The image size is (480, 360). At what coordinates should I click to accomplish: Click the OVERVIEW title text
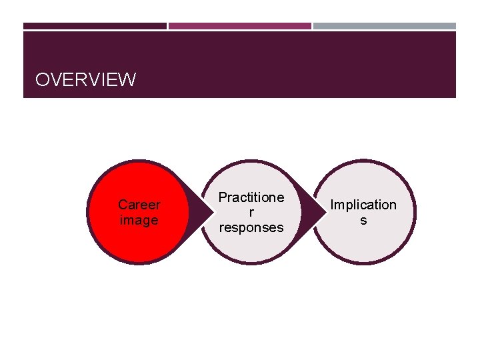(85, 81)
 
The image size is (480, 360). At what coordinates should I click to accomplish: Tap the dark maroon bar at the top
(95, 26)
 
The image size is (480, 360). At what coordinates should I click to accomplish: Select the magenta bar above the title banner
(239, 26)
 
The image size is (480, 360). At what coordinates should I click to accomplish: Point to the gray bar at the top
(384, 26)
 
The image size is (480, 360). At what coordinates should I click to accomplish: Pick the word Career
(139, 205)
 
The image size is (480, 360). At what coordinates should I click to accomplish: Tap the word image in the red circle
(139, 220)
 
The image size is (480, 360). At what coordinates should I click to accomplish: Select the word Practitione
(251, 197)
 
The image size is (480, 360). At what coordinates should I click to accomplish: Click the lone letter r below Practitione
(251, 212)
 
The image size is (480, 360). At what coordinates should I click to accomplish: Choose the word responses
(251, 227)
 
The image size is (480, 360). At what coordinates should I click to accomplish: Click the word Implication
(363, 205)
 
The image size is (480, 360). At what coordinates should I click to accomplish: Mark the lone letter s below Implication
(363, 220)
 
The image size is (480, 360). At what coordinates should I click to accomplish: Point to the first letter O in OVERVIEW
(42, 81)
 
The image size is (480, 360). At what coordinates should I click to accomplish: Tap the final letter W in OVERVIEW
(127, 81)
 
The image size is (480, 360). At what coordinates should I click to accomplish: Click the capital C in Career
(122, 205)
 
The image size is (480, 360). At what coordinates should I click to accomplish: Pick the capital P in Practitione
(223, 197)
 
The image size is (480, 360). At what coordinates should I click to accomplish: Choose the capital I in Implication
(333, 205)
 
